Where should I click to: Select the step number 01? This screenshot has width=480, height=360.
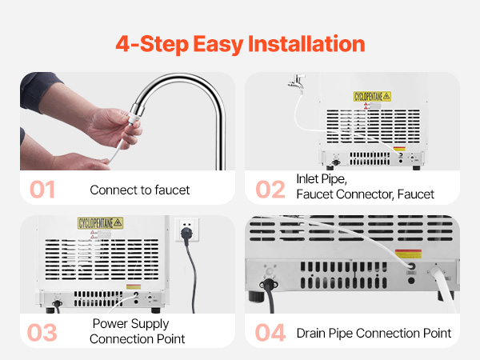point(42,190)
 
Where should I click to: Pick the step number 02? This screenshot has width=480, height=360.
point(270,190)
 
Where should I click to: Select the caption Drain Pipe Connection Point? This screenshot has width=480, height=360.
point(374,333)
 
